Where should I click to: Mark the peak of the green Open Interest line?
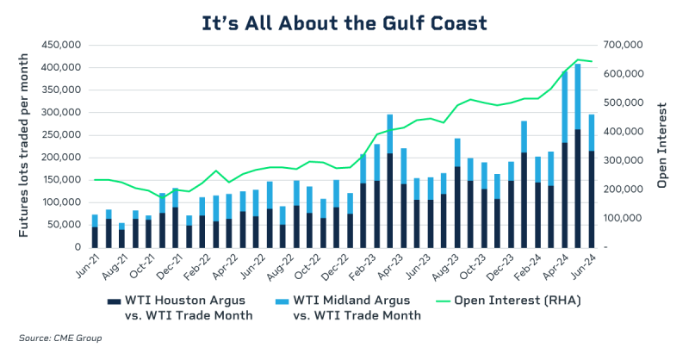pos(579,59)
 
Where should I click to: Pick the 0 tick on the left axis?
pos(77,247)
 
